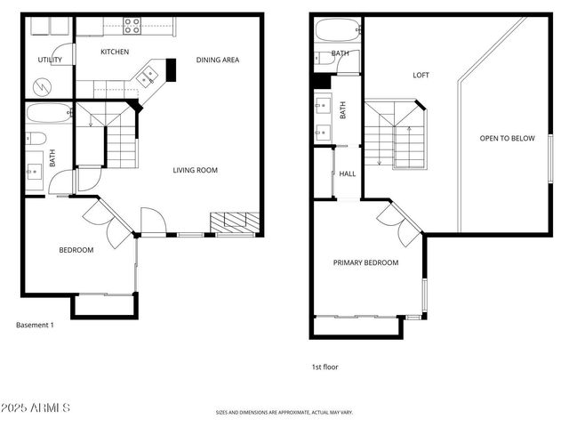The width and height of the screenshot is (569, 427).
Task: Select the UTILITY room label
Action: coord(49,60)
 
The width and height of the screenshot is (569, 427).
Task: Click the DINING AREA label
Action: coord(218,60)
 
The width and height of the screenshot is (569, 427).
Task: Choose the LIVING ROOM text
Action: coord(195,170)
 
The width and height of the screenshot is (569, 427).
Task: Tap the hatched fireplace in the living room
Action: coord(234,222)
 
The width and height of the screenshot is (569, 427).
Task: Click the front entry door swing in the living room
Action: coord(152,221)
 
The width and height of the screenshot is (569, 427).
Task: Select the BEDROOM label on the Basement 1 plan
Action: coord(76,250)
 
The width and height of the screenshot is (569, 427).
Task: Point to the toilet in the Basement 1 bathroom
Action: coord(36,138)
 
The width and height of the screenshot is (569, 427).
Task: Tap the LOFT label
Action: coord(421,75)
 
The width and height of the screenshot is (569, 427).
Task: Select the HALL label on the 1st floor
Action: coord(348,173)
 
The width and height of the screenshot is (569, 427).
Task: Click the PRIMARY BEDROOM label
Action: coord(365,262)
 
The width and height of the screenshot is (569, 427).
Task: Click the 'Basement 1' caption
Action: coord(36,325)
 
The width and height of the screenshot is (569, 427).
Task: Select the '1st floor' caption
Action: coord(325,367)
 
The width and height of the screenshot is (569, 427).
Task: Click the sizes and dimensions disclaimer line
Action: coord(284,413)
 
